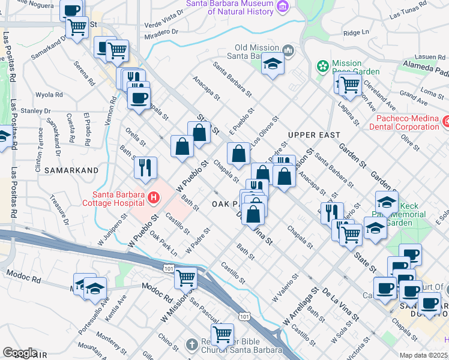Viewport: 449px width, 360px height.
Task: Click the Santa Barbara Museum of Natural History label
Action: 229,6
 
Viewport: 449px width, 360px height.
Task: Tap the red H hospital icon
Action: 154,197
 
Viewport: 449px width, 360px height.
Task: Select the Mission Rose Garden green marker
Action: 322,65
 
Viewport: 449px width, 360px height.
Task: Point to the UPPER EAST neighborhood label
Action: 314,135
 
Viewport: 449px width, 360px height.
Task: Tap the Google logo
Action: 20,353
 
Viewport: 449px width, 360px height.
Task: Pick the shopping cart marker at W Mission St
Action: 186,277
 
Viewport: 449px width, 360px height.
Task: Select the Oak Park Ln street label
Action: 164,242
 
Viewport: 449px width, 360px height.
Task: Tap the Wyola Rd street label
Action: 49,95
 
